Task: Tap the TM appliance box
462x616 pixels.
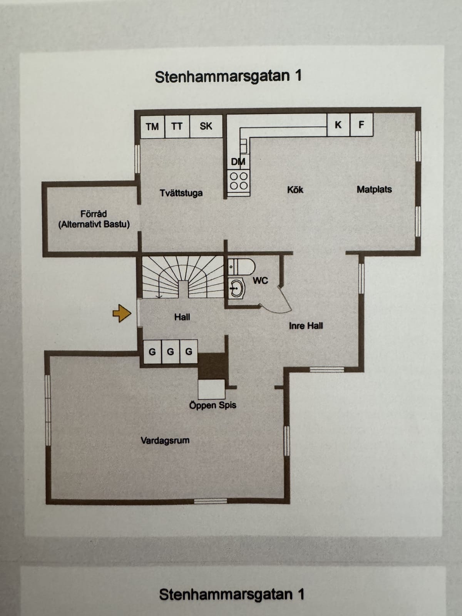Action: click(152, 127)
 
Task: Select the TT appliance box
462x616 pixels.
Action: click(177, 127)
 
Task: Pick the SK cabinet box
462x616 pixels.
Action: click(206, 126)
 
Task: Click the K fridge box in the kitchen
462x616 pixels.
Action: click(338, 125)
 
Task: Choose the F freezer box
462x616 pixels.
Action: click(362, 125)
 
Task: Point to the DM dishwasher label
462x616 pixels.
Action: click(238, 162)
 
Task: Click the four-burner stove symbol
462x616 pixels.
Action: click(239, 181)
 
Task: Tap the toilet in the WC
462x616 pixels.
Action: click(241, 266)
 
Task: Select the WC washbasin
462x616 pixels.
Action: click(237, 288)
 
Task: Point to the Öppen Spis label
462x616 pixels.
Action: click(213, 405)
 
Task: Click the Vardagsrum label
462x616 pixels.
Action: click(165, 440)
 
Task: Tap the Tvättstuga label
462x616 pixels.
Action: click(181, 193)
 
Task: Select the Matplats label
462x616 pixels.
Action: click(374, 189)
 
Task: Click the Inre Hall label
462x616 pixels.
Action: click(306, 326)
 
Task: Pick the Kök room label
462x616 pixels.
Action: click(295, 190)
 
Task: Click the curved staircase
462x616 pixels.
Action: click(182, 277)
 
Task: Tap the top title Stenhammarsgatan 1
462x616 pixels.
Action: click(228, 76)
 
